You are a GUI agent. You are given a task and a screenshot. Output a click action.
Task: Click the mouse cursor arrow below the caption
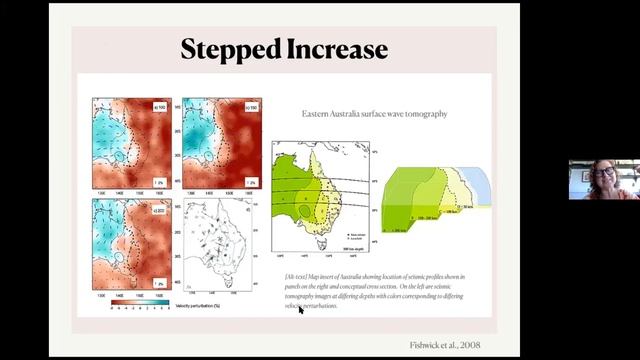(301, 310)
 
